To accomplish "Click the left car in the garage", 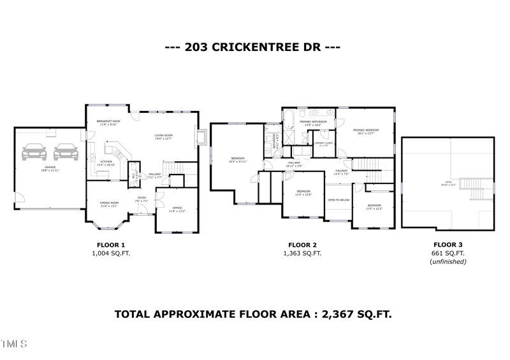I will coord(34,153).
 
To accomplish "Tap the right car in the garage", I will coord(64,153).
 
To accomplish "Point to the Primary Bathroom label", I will coord(316,122).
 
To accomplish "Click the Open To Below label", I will coord(338,200).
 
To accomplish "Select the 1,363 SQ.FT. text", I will coord(302,253).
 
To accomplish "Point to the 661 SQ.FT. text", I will coord(449,253).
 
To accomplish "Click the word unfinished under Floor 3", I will coord(449,261).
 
